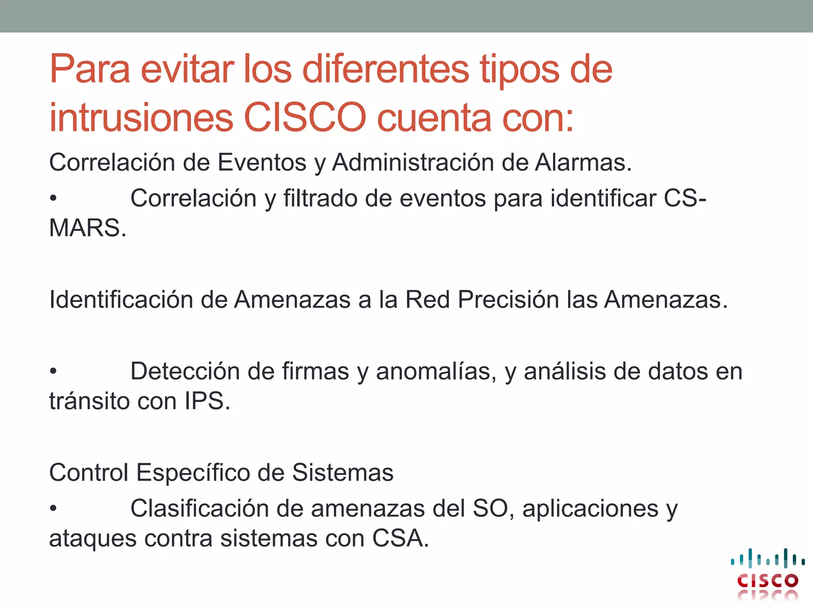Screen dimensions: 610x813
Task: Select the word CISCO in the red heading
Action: [x=305, y=118]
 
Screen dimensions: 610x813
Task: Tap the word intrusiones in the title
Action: [x=141, y=118]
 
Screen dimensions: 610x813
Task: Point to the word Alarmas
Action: [x=583, y=162]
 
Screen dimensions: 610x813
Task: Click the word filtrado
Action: [x=320, y=198]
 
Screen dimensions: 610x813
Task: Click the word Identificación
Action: [x=121, y=299]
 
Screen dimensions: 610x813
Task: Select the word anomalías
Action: [x=436, y=372]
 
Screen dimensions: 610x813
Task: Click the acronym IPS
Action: [x=207, y=401]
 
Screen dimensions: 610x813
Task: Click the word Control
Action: [x=89, y=473]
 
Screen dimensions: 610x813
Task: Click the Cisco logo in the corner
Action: [x=767, y=573]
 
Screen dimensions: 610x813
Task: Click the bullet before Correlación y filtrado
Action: [x=53, y=198]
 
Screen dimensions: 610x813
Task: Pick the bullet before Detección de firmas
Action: [x=53, y=371]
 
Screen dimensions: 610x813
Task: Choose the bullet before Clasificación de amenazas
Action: [x=53, y=508]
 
